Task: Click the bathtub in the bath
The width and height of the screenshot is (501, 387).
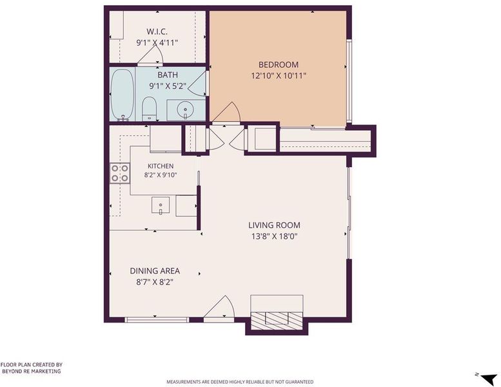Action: [x=123, y=95]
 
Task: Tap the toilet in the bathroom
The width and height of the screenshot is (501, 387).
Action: [x=149, y=108]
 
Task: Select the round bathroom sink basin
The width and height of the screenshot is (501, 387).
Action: [x=184, y=109]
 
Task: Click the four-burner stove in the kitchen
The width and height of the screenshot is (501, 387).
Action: [x=120, y=174]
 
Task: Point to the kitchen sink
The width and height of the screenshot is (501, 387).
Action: [x=161, y=206]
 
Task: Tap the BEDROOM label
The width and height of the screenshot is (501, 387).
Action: [x=279, y=65]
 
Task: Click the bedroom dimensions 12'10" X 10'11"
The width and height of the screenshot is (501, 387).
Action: [x=279, y=76]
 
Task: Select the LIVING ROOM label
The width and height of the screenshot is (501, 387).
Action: [x=274, y=225]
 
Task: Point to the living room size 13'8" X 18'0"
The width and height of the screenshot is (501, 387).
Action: [x=275, y=237]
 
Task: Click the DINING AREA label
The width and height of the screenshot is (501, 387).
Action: [x=155, y=271]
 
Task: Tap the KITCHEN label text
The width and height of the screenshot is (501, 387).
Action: [x=161, y=166]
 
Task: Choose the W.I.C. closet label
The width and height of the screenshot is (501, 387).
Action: [x=157, y=32]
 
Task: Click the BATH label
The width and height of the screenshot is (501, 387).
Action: [x=168, y=75]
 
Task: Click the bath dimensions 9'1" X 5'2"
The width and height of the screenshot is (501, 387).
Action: [x=168, y=86]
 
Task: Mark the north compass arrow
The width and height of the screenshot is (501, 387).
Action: [x=489, y=379]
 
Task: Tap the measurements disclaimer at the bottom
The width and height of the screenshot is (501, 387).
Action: [x=240, y=382]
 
